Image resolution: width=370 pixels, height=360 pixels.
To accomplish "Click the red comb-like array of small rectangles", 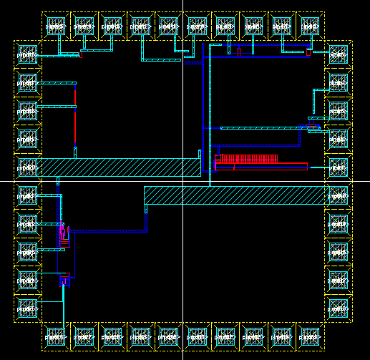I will [248, 159].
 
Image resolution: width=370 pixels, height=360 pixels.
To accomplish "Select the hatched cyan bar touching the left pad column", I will [118, 167].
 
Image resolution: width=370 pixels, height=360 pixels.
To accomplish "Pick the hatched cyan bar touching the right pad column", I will [236, 195].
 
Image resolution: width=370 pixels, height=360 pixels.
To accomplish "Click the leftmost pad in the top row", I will [55, 26].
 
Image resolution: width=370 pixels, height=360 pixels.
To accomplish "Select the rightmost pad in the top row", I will [310, 26].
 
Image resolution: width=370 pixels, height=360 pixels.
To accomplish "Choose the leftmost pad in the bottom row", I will [55, 334].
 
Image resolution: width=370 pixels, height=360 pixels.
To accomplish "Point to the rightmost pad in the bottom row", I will [310, 334].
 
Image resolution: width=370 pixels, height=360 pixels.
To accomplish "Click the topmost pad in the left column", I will [27, 54].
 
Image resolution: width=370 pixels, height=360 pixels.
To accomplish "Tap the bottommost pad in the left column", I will [27, 308].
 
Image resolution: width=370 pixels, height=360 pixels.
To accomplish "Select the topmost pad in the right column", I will [337, 54].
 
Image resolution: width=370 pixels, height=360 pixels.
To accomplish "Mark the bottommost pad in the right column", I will [337, 308].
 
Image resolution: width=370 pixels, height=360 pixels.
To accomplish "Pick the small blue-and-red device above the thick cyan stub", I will [64, 280].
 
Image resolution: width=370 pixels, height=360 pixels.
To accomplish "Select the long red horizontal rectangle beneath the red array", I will [261, 167].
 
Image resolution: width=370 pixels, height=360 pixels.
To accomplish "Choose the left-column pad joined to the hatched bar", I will [27, 167].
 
